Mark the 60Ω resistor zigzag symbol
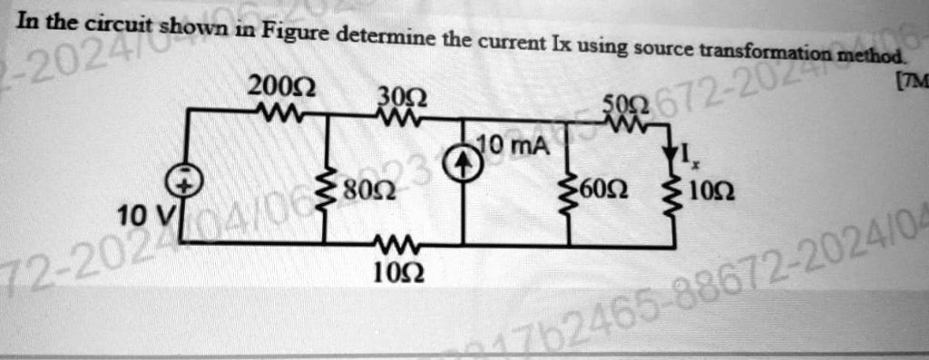570,192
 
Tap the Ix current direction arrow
674,153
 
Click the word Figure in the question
297,34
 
